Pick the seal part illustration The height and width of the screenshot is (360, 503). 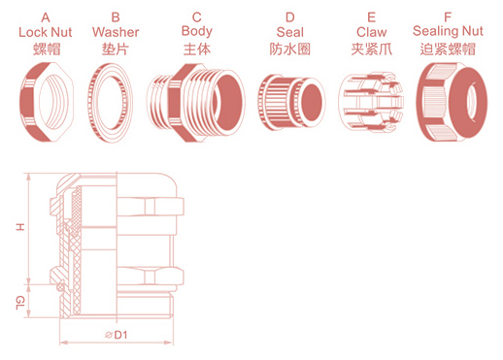[x=291, y=103]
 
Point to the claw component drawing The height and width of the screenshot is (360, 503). [x=371, y=102]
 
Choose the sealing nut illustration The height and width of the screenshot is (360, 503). [x=452, y=102]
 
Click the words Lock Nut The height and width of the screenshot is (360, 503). [x=46, y=32]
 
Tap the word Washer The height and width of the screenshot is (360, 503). [x=116, y=32]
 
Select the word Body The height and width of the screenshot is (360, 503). [x=197, y=31]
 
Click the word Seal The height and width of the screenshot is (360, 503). [x=290, y=32]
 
